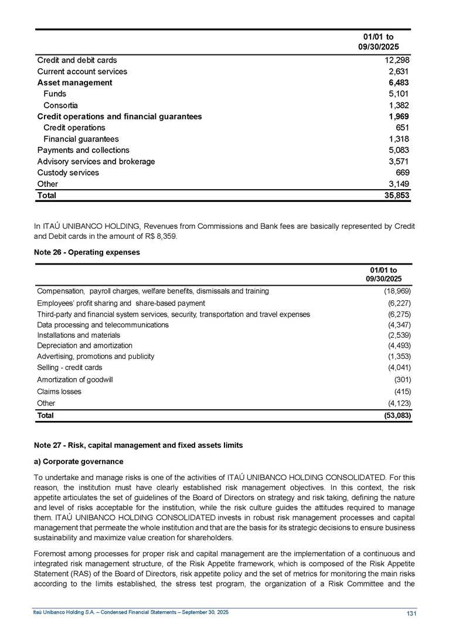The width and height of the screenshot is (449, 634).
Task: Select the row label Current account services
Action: click(82, 71)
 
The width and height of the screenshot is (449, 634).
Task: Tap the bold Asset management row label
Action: click(74, 83)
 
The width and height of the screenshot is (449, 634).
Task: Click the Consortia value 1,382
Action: click(399, 105)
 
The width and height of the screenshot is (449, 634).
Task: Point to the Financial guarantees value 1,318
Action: click(399, 139)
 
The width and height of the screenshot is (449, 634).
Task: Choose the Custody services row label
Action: click(68, 173)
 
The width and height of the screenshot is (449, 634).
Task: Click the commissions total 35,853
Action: click(396, 196)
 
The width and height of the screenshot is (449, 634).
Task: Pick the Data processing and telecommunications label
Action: click(103, 324)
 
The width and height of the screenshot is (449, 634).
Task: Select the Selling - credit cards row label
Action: click(69, 368)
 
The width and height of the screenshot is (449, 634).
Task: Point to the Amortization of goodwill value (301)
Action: click(402, 379)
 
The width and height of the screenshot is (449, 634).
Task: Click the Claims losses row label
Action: click(59, 391)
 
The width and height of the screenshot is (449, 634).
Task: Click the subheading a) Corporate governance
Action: click(80, 462)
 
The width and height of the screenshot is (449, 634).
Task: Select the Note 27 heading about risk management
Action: click(140, 445)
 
